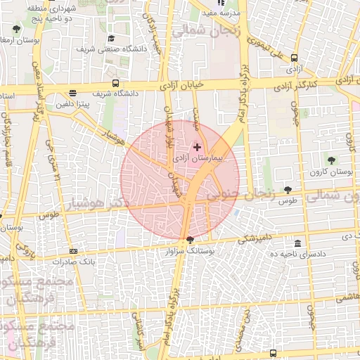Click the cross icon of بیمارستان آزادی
point(197,148)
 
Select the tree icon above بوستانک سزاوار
point(190,240)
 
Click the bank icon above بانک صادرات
point(74,251)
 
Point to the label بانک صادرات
point(74,261)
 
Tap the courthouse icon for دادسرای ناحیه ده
point(298,244)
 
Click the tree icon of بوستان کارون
point(331,161)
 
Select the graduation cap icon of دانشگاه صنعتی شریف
point(111,39)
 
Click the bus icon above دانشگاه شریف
point(73,93)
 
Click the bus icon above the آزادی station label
point(293,59)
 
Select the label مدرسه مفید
point(221,13)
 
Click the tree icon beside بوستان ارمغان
point(16,30)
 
